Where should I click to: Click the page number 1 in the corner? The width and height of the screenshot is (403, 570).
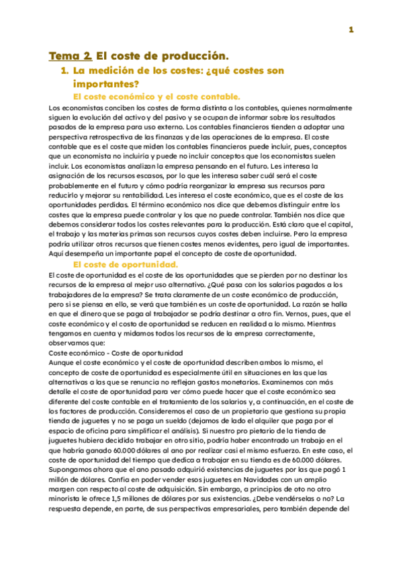point(351,30)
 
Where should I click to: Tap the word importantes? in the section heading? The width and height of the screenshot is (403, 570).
point(105,83)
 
